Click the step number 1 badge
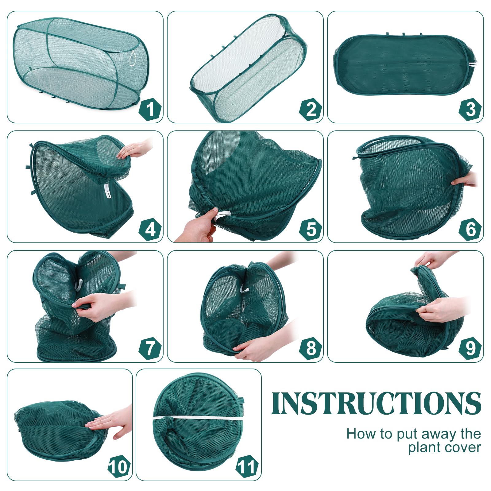coord(150,109)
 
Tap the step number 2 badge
coord(311,109)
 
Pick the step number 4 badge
coord(150,229)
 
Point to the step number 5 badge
coord(311,229)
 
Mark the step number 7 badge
coord(150,348)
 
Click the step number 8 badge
coord(311,348)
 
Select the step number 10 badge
coord(119,467)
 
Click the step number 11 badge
coord(247,467)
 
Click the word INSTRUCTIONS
coord(376,403)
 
